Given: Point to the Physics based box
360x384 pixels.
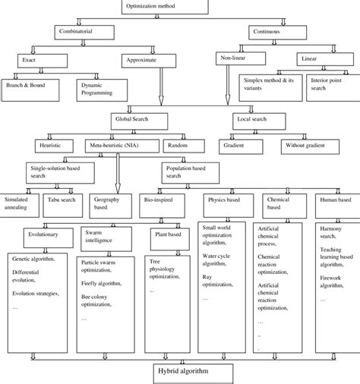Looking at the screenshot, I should click(223, 200).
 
